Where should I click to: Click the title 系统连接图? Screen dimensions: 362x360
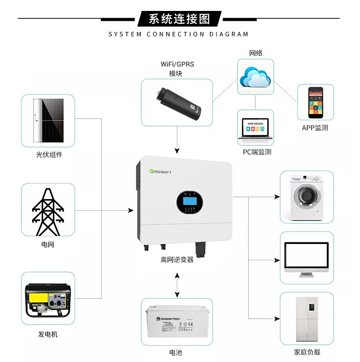(180, 19)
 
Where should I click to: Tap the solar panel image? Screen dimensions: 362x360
(48, 120)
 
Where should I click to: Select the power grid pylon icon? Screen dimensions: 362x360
(48, 210)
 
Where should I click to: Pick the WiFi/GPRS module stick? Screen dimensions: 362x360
(178, 102)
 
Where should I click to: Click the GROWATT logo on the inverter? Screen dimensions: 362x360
(164, 171)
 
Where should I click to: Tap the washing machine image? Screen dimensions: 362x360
(306, 197)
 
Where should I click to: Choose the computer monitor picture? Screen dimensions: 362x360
(306, 258)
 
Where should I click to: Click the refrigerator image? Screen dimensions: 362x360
(306, 319)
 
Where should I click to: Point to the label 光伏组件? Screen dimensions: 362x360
(49, 155)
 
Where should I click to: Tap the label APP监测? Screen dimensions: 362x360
(315, 128)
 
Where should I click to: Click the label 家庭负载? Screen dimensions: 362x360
(307, 352)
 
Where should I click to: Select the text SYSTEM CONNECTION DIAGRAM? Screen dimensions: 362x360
(179, 34)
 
